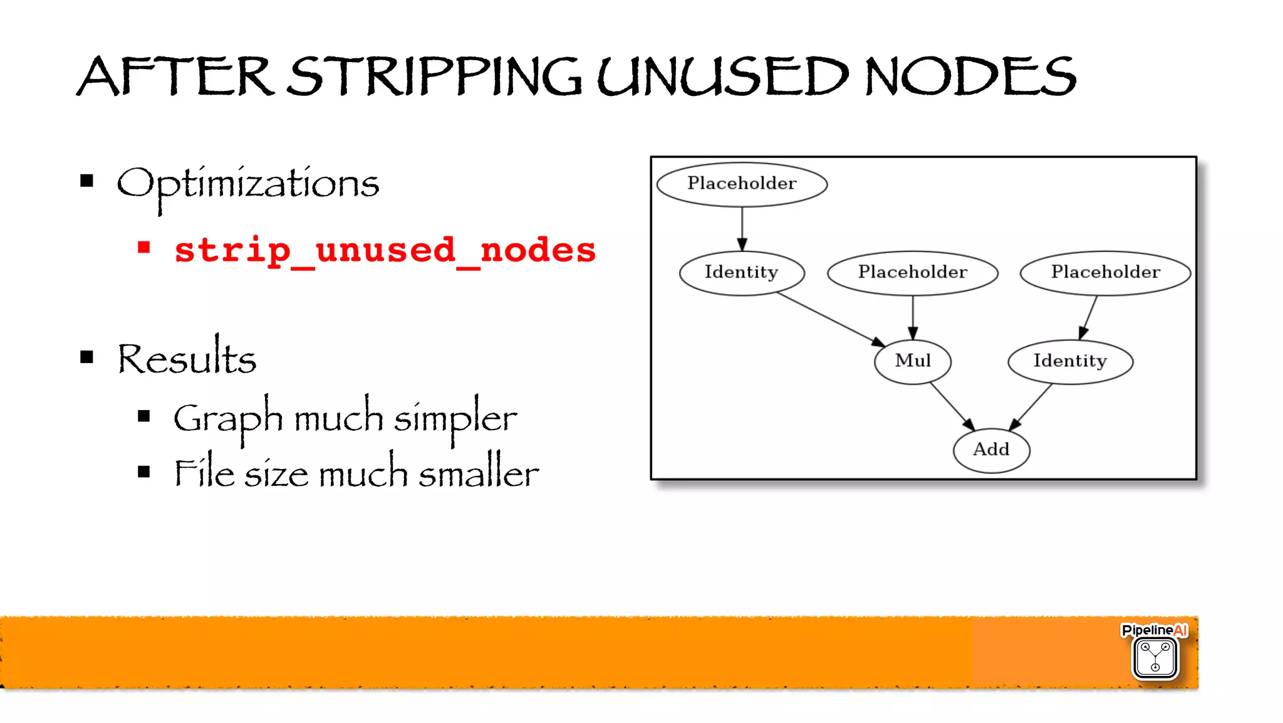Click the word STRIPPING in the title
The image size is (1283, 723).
coord(435,77)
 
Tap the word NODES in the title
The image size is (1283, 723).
coord(970,77)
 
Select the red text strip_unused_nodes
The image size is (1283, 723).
coord(385,250)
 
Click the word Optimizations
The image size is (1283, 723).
coord(248,184)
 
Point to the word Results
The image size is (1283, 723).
coord(187,359)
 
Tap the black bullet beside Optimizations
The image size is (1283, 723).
coord(87,182)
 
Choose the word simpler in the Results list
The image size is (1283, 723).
coord(455,418)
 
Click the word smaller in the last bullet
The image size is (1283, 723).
coord(478,473)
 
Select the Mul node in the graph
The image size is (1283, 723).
coord(913,361)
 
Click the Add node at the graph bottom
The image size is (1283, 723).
coord(991,450)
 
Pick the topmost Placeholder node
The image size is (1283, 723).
coord(742,184)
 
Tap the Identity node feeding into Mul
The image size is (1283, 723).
coord(742,272)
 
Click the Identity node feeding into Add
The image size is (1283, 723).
coord(1070,361)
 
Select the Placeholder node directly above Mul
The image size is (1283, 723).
coord(913,272)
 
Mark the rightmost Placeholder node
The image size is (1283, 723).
coord(1105,272)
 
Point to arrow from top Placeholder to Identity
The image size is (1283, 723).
coord(742,228)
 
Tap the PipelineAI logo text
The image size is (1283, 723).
coord(1154,630)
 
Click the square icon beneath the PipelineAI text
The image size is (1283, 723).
coord(1155,658)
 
